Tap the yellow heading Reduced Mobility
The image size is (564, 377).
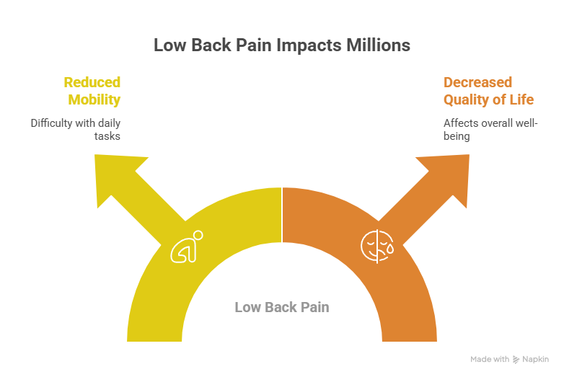tap(92, 91)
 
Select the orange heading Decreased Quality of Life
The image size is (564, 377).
tap(488, 91)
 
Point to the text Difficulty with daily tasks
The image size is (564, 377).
tap(75, 129)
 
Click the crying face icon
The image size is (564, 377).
tap(376, 247)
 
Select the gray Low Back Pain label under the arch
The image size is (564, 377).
tap(282, 307)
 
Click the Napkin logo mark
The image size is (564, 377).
tap(516, 359)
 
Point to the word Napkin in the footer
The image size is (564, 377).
tap(535, 359)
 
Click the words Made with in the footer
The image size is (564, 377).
tap(490, 359)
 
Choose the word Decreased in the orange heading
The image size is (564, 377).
tap(477, 82)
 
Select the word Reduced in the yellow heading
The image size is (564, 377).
tap(92, 82)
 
